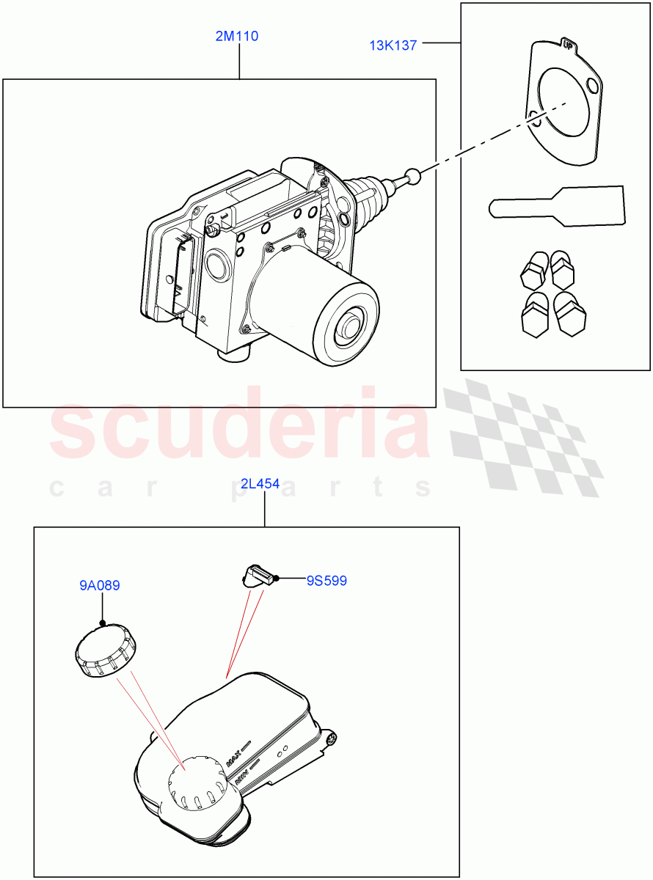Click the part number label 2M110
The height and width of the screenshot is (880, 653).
[236, 36]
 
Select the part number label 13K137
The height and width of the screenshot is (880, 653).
[393, 45]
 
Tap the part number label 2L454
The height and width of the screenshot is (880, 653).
[260, 484]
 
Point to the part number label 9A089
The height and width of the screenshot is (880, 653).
[100, 586]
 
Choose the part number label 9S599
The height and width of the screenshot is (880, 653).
[326, 581]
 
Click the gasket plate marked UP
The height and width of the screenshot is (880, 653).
[566, 103]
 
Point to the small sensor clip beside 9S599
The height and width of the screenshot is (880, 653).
[258, 576]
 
